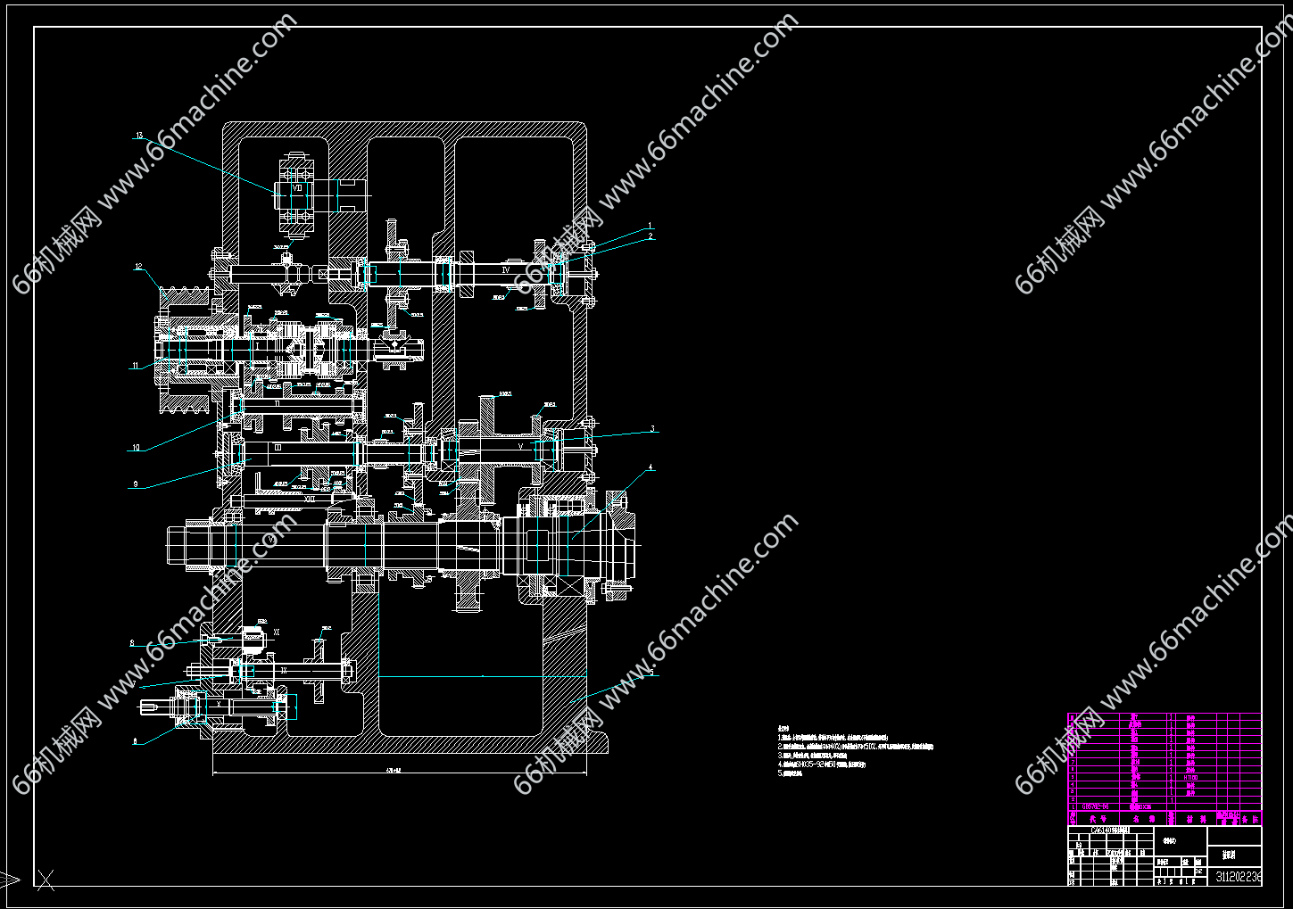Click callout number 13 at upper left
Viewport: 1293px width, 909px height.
click(x=139, y=136)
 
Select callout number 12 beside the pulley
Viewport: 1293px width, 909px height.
click(x=139, y=266)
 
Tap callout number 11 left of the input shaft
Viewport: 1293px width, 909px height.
click(x=136, y=365)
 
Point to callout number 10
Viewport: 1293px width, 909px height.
click(x=137, y=448)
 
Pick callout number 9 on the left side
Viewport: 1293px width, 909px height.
click(x=136, y=484)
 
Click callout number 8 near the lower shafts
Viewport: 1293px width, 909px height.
click(x=132, y=642)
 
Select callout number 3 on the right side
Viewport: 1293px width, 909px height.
click(x=652, y=429)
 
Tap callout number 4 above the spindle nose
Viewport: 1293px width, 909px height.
click(x=651, y=467)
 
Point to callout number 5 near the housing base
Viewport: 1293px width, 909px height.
click(x=652, y=672)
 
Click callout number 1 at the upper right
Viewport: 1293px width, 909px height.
click(x=651, y=227)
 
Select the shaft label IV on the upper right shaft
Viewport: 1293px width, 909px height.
click(x=505, y=268)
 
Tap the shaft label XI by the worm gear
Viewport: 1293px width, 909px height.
click(x=277, y=632)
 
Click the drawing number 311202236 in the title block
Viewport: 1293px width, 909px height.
click(x=1239, y=877)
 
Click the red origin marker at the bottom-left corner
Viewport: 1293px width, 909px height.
click(x=45, y=880)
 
